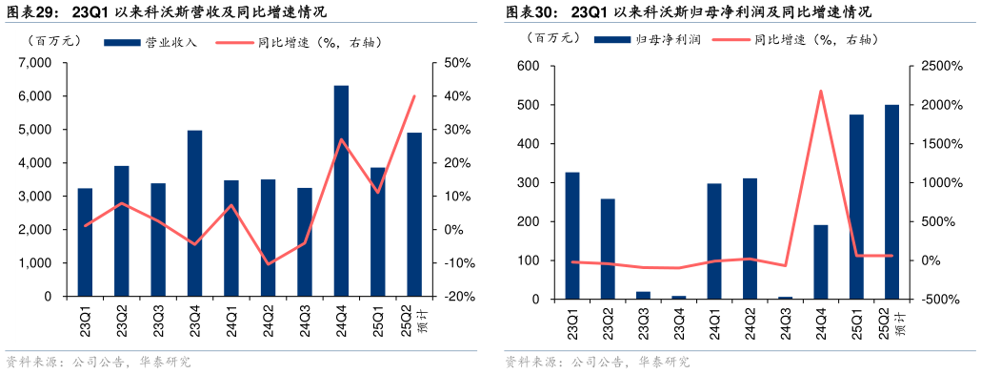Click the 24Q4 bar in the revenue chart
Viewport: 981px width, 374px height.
point(341,191)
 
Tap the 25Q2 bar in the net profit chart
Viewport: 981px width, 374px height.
point(892,201)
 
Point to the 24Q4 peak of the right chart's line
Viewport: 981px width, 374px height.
point(821,91)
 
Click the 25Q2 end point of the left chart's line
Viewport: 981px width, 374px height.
point(414,95)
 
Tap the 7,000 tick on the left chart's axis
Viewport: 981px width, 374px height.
point(35,63)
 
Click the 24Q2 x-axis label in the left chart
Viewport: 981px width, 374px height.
point(268,317)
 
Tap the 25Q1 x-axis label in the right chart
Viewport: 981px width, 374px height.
point(857,319)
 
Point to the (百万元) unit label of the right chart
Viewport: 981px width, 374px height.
point(551,39)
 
